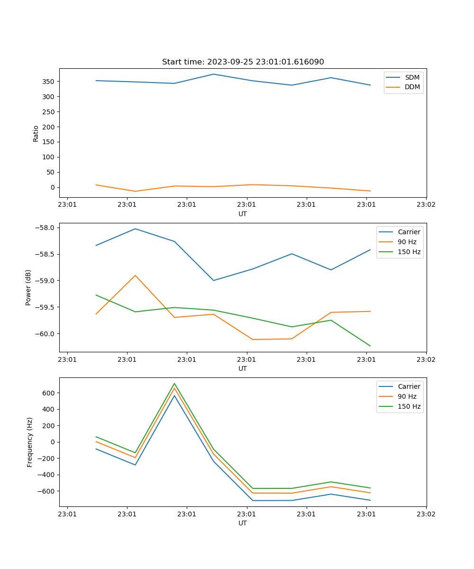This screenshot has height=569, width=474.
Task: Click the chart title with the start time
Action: [243, 62]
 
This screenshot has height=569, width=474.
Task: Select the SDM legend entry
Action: [412, 77]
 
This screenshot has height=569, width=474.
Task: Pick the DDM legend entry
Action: [412, 87]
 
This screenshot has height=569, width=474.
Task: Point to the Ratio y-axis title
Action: [36, 133]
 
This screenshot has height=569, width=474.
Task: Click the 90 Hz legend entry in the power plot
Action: [407, 242]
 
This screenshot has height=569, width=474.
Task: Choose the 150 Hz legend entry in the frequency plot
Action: [409, 406]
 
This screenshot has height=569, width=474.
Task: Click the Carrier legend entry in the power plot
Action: [409, 232]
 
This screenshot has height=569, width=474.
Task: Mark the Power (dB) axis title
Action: [28, 287]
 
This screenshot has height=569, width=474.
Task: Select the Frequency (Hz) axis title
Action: [30, 442]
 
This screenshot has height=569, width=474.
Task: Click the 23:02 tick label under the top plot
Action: [426, 205]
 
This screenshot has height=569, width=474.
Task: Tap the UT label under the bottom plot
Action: [243, 523]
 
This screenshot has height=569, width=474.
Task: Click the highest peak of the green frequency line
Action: [174, 384]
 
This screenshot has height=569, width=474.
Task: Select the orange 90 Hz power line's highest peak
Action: [135, 275]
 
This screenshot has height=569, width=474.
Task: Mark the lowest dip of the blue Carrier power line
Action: [213, 280]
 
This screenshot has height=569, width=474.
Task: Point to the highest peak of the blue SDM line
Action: [213, 74]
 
